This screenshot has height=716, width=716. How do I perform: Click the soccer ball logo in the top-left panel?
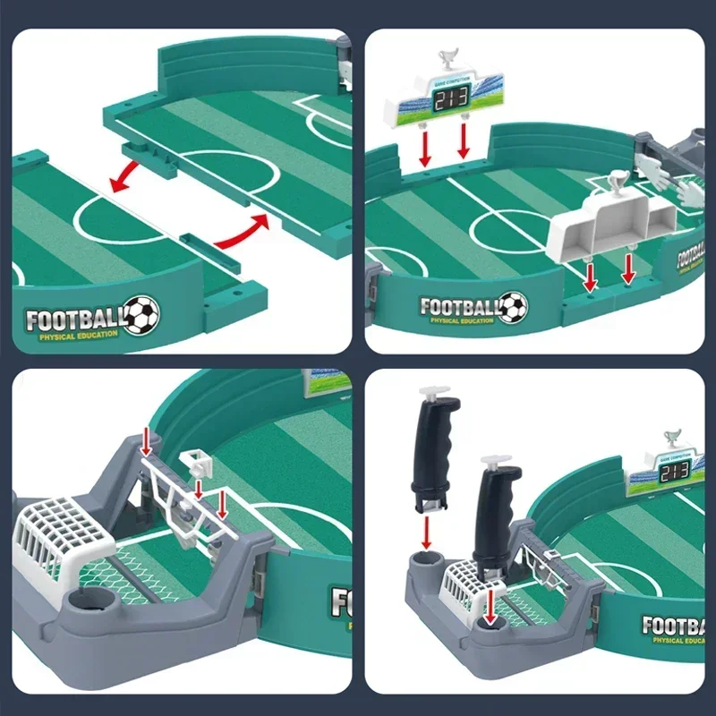tap(141, 316)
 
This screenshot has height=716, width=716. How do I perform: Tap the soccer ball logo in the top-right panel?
tap(514, 307)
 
